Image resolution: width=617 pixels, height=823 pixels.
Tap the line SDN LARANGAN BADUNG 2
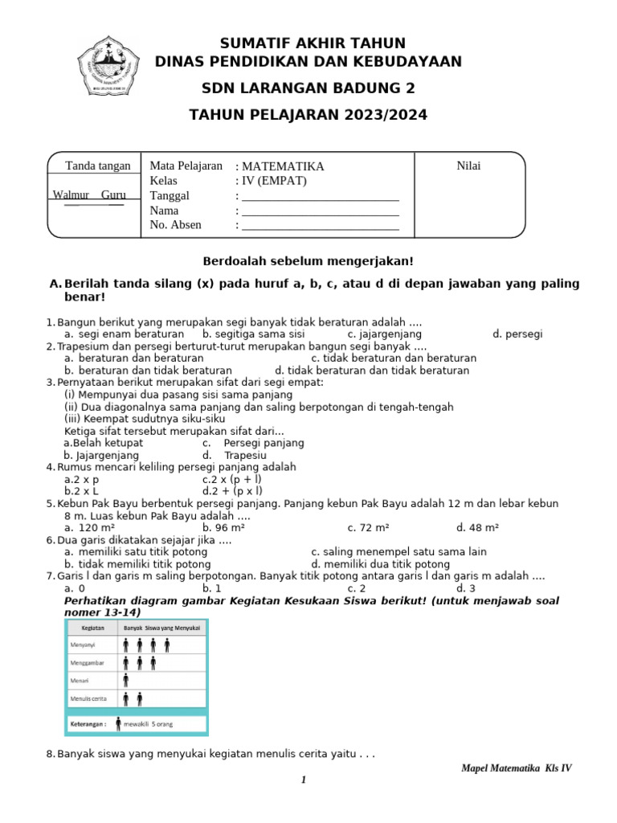[x=308, y=88]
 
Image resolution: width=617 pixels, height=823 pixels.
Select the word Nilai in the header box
[x=468, y=166]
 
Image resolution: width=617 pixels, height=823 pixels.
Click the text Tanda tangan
[x=97, y=166]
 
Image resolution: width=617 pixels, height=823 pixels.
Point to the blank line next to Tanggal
[x=320, y=196]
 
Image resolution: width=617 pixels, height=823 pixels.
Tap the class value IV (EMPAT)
[x=272, y=181]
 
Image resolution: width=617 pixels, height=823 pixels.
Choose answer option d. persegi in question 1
[x=517, y=334]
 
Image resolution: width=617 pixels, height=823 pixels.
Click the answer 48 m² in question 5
[x=478, y=527]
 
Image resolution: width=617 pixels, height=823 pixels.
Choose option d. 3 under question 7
[x=465, y=588]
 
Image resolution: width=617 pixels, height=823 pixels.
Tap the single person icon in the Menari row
[x=126, y=679]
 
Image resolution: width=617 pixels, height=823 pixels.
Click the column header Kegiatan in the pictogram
[x=92, y=627]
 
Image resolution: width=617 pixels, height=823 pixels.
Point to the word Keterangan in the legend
[x=88, y=723]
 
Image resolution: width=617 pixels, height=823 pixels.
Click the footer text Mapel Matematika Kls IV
[x=517, y=768]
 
